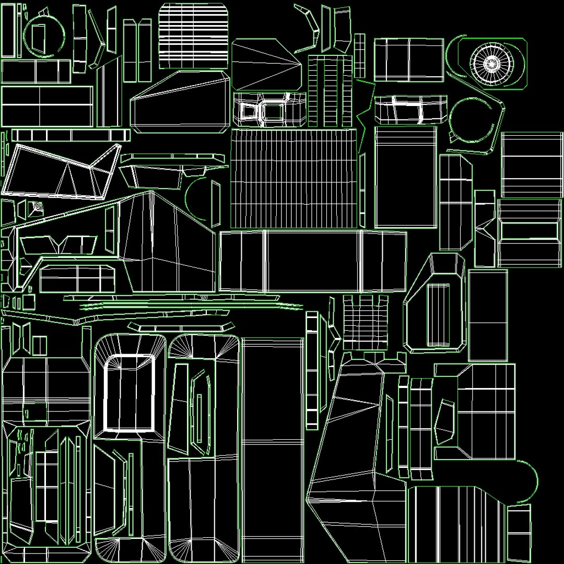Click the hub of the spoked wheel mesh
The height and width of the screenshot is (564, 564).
coord(491,64)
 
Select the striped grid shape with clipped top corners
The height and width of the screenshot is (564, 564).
coord(194,35)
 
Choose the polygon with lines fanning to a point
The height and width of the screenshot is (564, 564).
coord(266,65)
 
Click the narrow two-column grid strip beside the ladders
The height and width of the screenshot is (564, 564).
coord(360,56)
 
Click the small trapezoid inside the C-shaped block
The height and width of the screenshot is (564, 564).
coord(445,422)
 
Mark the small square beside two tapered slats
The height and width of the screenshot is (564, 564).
coord(40,346)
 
